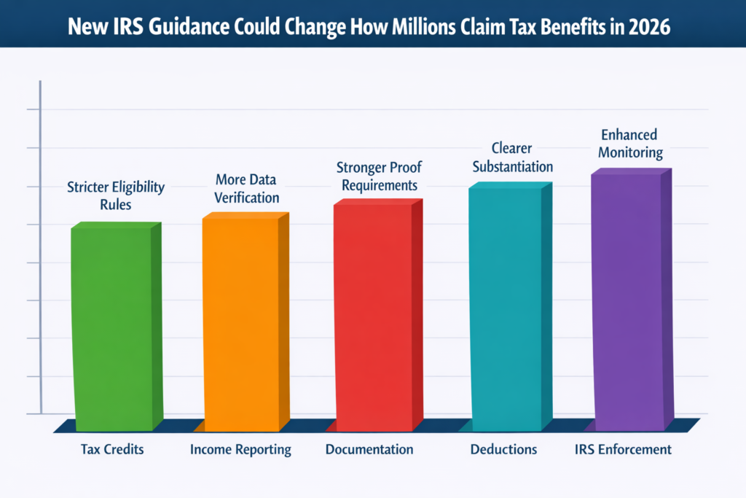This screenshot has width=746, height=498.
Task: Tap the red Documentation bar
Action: tap(373, 317)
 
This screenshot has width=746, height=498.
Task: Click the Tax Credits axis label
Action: tap(112, 449)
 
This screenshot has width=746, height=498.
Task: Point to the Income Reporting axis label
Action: tap(240, 450)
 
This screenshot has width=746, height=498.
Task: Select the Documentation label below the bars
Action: tap(369, 449)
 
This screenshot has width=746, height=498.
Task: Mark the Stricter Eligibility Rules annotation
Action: tap(115, 195)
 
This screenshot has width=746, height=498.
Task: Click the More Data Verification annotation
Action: tap(246, 188)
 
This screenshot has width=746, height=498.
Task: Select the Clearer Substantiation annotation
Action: tap(512, 157)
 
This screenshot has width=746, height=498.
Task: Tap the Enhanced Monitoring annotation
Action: tap(629, 144)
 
